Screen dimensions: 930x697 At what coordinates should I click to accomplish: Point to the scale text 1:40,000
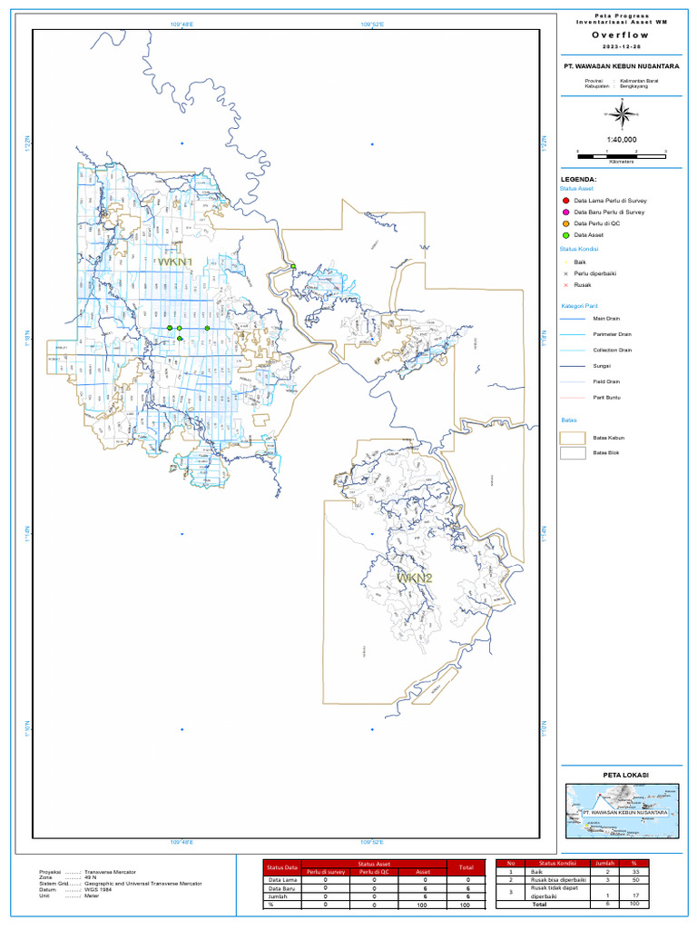point(621,139)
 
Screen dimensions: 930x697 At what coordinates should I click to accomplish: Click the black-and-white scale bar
point(621,153)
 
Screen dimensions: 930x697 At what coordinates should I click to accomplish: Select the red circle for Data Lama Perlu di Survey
point(565,200)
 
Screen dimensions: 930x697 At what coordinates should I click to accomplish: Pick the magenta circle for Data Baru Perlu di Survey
point(565,212)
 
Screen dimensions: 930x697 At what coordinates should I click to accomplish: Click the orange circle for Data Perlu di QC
point(565,223)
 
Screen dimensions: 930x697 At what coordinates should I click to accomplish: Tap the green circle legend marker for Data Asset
point(565,235)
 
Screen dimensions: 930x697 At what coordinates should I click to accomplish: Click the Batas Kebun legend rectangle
point(573,438)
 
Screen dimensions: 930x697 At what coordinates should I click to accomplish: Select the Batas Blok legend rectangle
point(573,452)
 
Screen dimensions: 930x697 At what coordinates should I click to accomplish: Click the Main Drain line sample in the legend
point(573,319)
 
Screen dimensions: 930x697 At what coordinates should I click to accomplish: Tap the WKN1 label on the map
point(176,262)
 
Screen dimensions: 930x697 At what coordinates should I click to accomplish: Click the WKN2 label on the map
point(413,578)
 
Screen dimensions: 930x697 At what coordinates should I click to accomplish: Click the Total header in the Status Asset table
point(466,867)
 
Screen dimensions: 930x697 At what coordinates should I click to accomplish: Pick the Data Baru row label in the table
point(280,888)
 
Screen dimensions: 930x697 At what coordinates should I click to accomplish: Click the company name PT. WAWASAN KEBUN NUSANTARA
point(621,66)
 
